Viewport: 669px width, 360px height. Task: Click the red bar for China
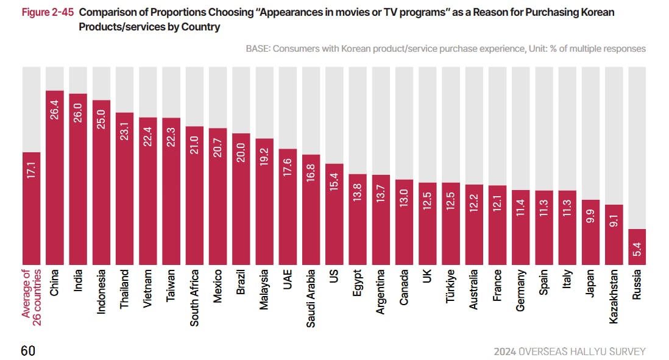tap(55, 177)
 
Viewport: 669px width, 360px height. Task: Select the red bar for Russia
tap(637, 247)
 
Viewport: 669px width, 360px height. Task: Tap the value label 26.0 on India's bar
tap(77, 113)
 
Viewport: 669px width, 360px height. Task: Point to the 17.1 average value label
tap(31, 170)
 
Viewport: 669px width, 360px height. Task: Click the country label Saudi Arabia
tap(311, 298)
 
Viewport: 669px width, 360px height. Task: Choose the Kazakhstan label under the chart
tap(614, 297)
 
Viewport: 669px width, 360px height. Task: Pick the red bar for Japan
tap(590, 233)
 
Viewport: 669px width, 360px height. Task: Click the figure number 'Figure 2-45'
tap(48, 12)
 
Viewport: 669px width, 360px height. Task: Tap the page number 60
tap(28, 351)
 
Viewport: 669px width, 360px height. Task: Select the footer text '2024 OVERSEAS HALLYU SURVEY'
tap(570, 351)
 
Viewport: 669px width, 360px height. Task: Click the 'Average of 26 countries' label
tap(32, 297)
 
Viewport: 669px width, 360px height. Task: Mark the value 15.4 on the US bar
tap(334, 182)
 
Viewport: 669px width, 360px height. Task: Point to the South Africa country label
tap(194, 298)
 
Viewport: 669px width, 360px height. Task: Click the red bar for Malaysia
tap(264, 202)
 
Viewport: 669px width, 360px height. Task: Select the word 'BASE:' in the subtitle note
tap(258, 49)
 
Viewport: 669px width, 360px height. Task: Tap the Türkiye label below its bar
tap(450, 286)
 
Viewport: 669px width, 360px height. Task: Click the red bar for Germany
tap(520, 227)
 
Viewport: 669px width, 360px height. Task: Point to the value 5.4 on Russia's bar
tap(637, 249)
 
